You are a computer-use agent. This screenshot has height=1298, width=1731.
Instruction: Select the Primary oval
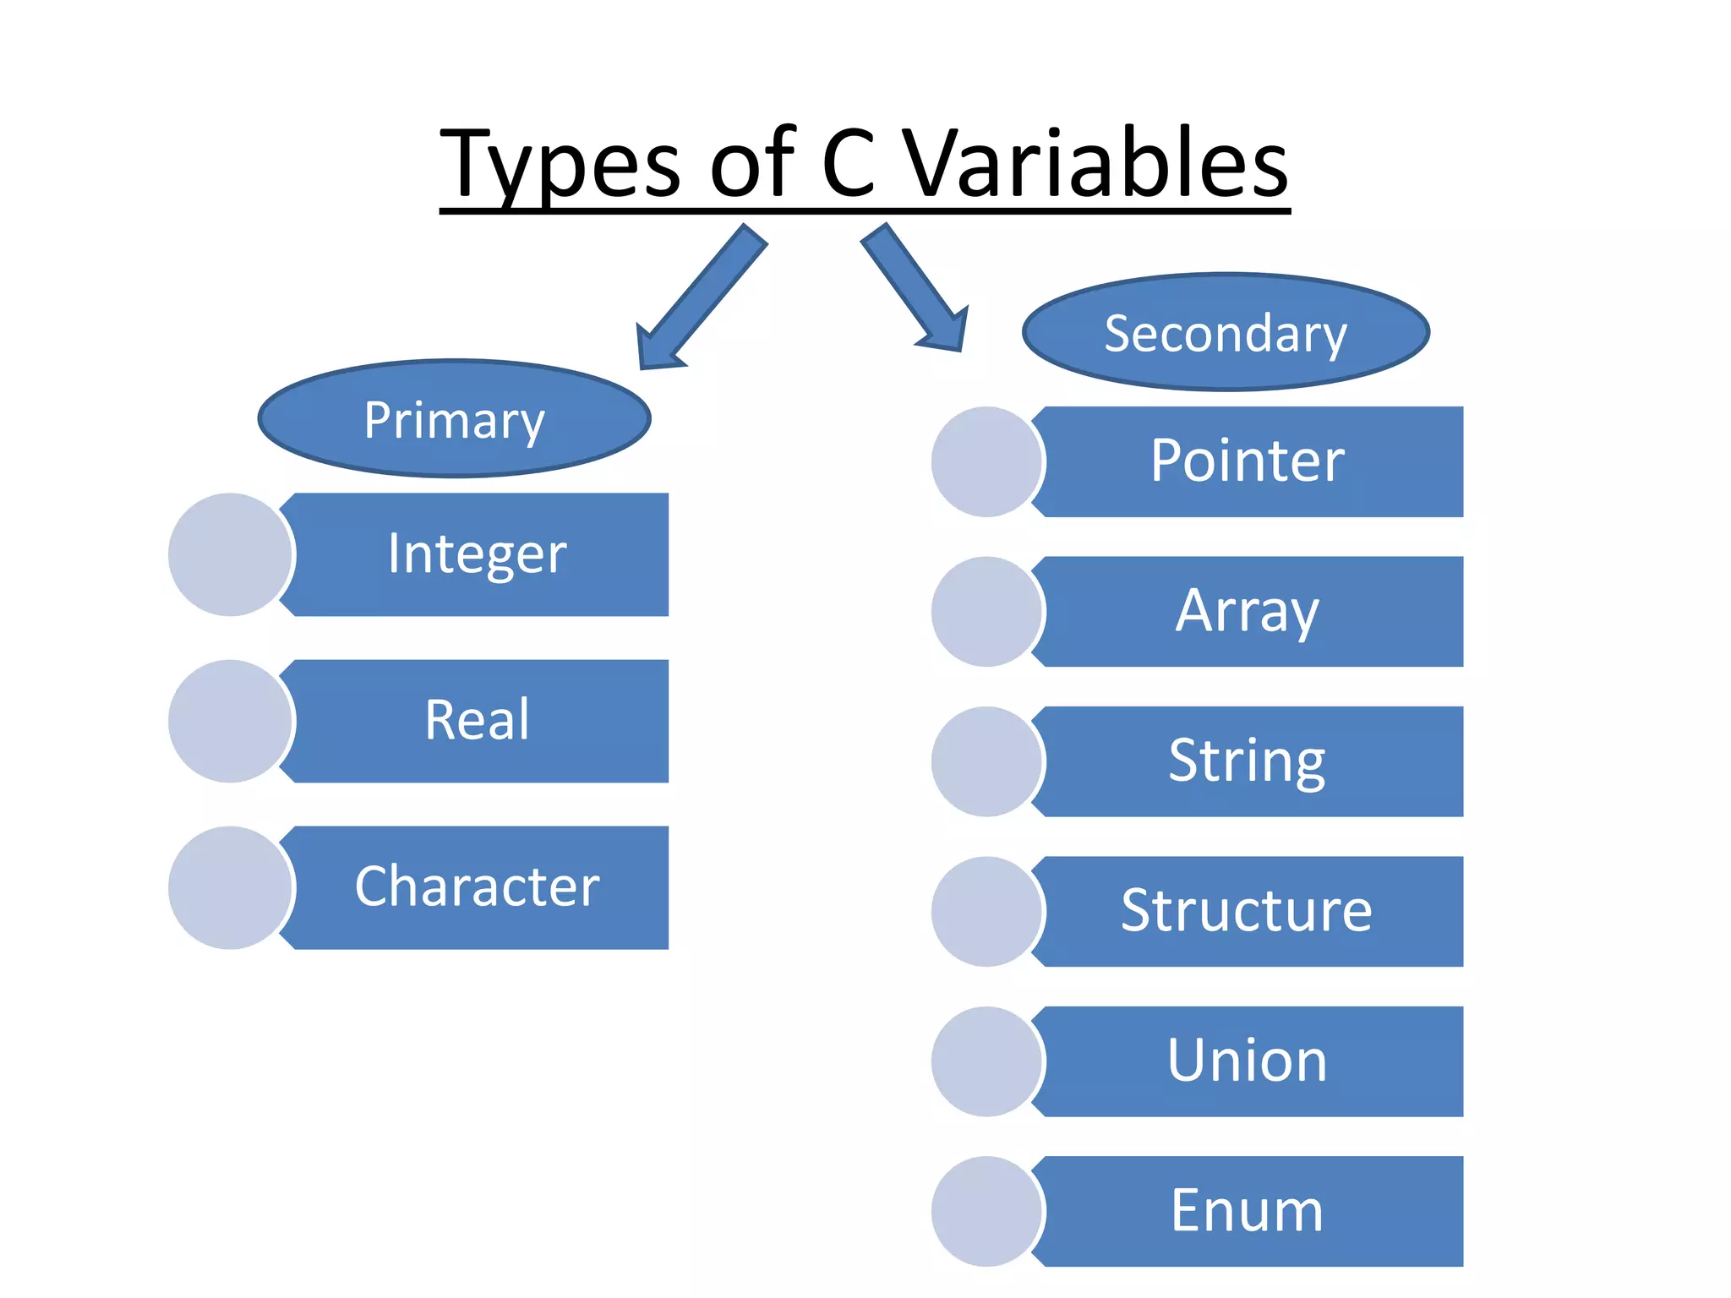tap(454, 419)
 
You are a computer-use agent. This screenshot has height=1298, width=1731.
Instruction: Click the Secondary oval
tap(1226, 332)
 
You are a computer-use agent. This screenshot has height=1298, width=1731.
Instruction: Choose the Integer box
tap(478, 554)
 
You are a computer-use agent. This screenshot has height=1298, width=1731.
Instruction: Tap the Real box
tap(478, 721)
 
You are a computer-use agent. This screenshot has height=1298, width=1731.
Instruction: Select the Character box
tap(478, 887)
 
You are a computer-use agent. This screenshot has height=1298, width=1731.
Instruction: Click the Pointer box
tap(1248, 461)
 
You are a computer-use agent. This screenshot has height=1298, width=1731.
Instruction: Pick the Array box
tap(1248, 611)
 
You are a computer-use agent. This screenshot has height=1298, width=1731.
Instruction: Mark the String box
tap(1248, 761)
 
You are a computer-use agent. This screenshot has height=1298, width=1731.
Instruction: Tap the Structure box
tap(1248, 911)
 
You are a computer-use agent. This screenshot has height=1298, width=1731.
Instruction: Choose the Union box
tap(1248, 1061)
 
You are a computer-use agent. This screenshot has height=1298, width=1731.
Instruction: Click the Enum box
tap(1248, 1211)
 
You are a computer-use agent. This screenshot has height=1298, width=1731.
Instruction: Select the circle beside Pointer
tap(986, 461)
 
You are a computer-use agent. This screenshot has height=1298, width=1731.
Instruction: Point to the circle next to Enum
tap(986, 1211)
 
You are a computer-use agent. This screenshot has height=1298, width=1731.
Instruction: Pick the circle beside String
tap(986, 761)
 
